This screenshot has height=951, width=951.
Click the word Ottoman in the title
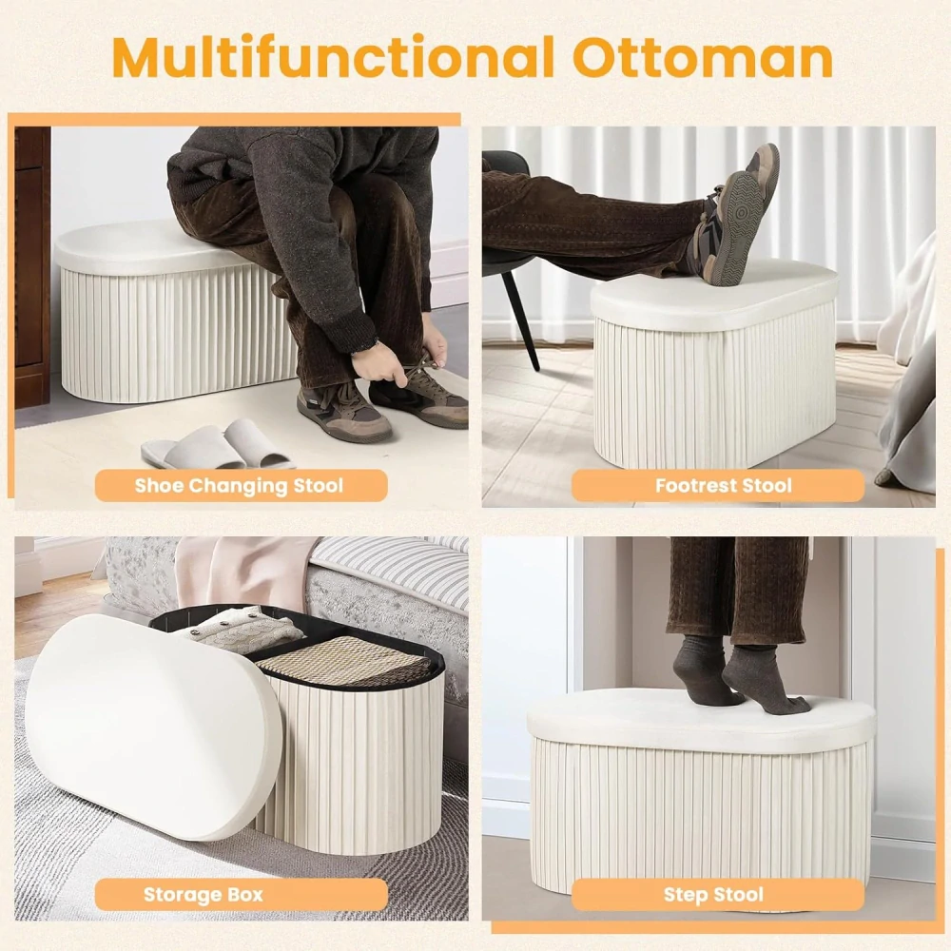tap(703, 57)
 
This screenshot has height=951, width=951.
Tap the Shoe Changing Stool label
tap(241, 485)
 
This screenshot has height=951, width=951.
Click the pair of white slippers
tap(217, 444)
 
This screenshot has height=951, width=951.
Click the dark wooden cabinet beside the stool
tap(32, 267)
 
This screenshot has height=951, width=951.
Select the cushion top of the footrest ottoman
tap(714, 295)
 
